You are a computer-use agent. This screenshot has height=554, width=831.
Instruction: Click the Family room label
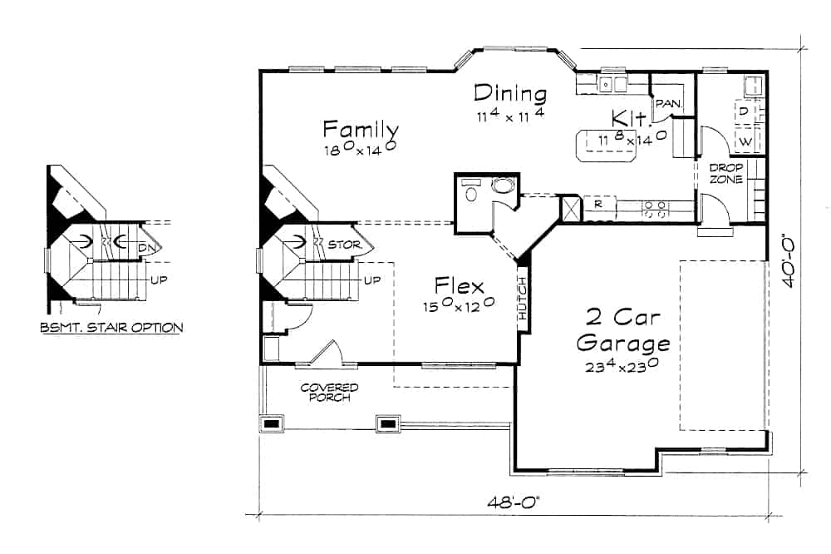coord(361,130)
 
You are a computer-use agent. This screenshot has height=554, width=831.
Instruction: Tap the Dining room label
coord(510,93)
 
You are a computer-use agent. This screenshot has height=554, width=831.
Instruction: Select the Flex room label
coord(459,288)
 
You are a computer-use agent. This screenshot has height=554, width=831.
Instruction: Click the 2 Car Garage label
coord(623,330)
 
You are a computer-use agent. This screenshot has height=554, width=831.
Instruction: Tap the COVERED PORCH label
coord(330,393)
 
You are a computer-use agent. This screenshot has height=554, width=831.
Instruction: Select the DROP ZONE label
coord(725,173)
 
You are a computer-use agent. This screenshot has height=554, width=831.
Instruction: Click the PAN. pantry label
coord(669,104)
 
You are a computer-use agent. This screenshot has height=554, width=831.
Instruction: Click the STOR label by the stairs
coord(343,245)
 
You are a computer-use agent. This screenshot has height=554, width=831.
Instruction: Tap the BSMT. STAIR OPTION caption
coord(111,328)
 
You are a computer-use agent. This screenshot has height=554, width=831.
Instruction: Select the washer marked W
coord(745,141)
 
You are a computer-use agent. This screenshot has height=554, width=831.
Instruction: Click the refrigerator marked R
coord(597,204)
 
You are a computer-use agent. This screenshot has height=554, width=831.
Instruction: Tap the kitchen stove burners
coord(655,209)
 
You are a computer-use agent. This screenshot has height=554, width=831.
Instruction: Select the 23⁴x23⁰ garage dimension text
coord(623,364)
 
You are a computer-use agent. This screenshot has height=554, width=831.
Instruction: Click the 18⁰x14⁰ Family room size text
coord(359,151)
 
